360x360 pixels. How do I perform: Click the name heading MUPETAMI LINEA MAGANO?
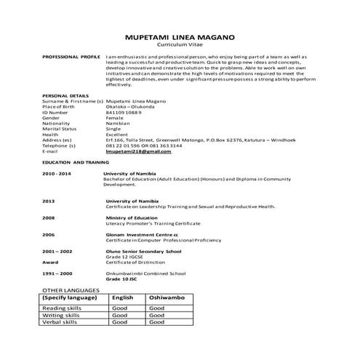tap(180, 36)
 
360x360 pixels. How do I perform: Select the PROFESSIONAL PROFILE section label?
tap(71, 56)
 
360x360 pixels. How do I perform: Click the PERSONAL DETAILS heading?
tap(65, 95)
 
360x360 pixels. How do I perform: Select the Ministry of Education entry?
tap(131, 217)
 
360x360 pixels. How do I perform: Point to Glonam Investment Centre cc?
tap(141, 235)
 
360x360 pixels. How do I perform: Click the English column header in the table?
tap(122, 297)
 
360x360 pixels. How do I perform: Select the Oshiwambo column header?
tap(164, 297)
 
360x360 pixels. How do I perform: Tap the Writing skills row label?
tap(63, 316)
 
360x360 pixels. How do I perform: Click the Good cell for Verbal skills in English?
tap(120, 322)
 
